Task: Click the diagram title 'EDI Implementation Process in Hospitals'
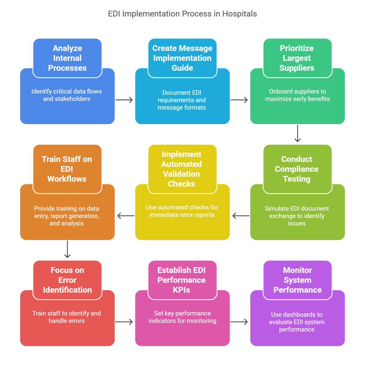[x=182, y=14]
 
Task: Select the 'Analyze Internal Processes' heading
[x=67, y=58]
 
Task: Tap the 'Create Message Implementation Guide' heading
[x=182, y=58]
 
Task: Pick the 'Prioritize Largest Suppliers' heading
[x=297, y=58]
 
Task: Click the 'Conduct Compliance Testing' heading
[x=297, y=169]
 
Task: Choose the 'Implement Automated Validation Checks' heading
[x=182, y=169]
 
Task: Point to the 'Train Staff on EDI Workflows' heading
[x=67, y=169]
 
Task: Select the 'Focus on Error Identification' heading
[x=67, y=280]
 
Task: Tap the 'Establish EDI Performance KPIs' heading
[x=182, y=280]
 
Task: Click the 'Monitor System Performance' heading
[x=297, y=280]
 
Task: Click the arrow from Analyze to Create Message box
[x=124, y=100]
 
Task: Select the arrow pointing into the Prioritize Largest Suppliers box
[x=240, y=100]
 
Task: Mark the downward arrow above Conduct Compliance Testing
[x=297, y=134]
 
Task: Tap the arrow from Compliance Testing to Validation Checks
[x=241, y=216]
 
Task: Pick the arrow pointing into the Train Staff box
[x=125, y=216]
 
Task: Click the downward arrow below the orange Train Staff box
[x=67, y=249]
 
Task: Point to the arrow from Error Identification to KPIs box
[x=124, y=322]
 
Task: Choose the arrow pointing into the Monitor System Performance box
[x=240, y=322]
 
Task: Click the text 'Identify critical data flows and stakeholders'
[x=67, y=95]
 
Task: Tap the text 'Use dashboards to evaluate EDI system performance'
[x=297, y=322]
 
